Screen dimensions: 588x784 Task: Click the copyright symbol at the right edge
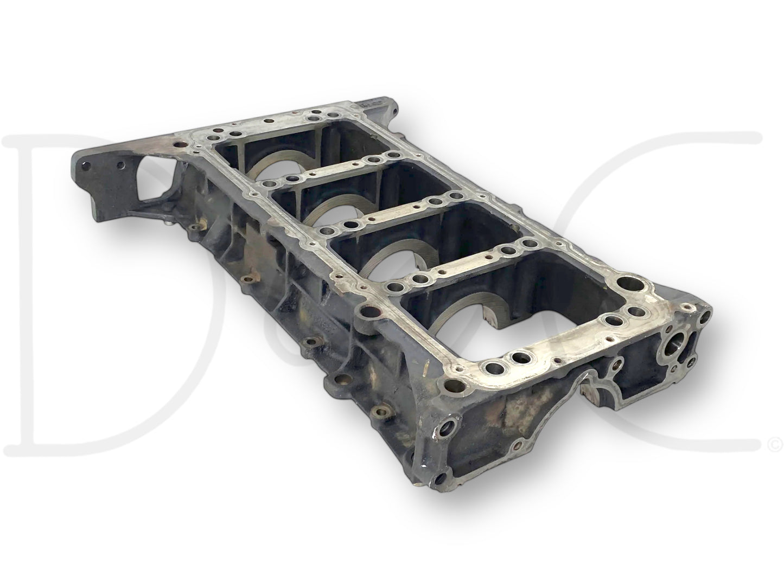(x=773, y=445)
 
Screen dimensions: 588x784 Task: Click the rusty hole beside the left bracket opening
(x=178, y=145)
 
